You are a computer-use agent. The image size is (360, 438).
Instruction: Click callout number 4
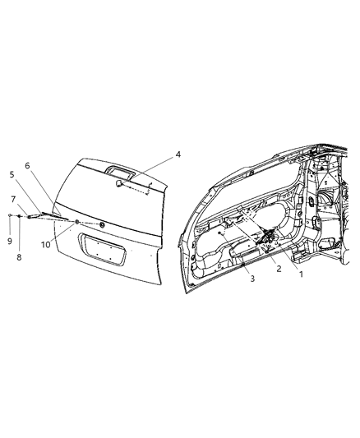tap(178, 154)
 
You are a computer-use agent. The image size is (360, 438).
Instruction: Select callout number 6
tap(27, 165)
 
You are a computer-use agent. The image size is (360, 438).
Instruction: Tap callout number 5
tap(12, 174)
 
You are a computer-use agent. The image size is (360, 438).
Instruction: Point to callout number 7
tap(13, 199)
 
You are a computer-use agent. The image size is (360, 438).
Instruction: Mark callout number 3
tap(253, 279)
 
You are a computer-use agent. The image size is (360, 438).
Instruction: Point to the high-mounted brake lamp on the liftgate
tap(121, 171)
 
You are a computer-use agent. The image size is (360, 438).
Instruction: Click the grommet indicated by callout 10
tap(76, 223)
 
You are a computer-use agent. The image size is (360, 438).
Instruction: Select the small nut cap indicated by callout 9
tap(8, 215)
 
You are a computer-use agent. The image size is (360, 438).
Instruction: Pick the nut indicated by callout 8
tap(18, 216)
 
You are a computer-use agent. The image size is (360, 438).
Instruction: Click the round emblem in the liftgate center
tap(101, 224)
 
